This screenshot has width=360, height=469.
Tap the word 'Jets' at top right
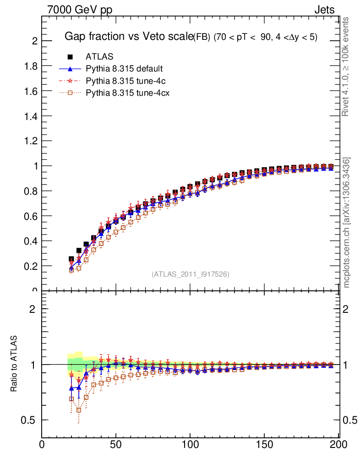tap(324, 10)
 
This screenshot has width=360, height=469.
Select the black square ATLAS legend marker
tap(71, 57)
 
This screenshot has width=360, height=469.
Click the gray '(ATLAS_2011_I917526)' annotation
tap(190, 274)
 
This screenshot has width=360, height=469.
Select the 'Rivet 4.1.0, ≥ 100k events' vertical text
tap(346, 66)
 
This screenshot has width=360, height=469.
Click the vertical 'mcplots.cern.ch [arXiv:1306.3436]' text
tap(347, 223)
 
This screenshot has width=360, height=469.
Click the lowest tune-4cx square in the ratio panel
tap(79, 410)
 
